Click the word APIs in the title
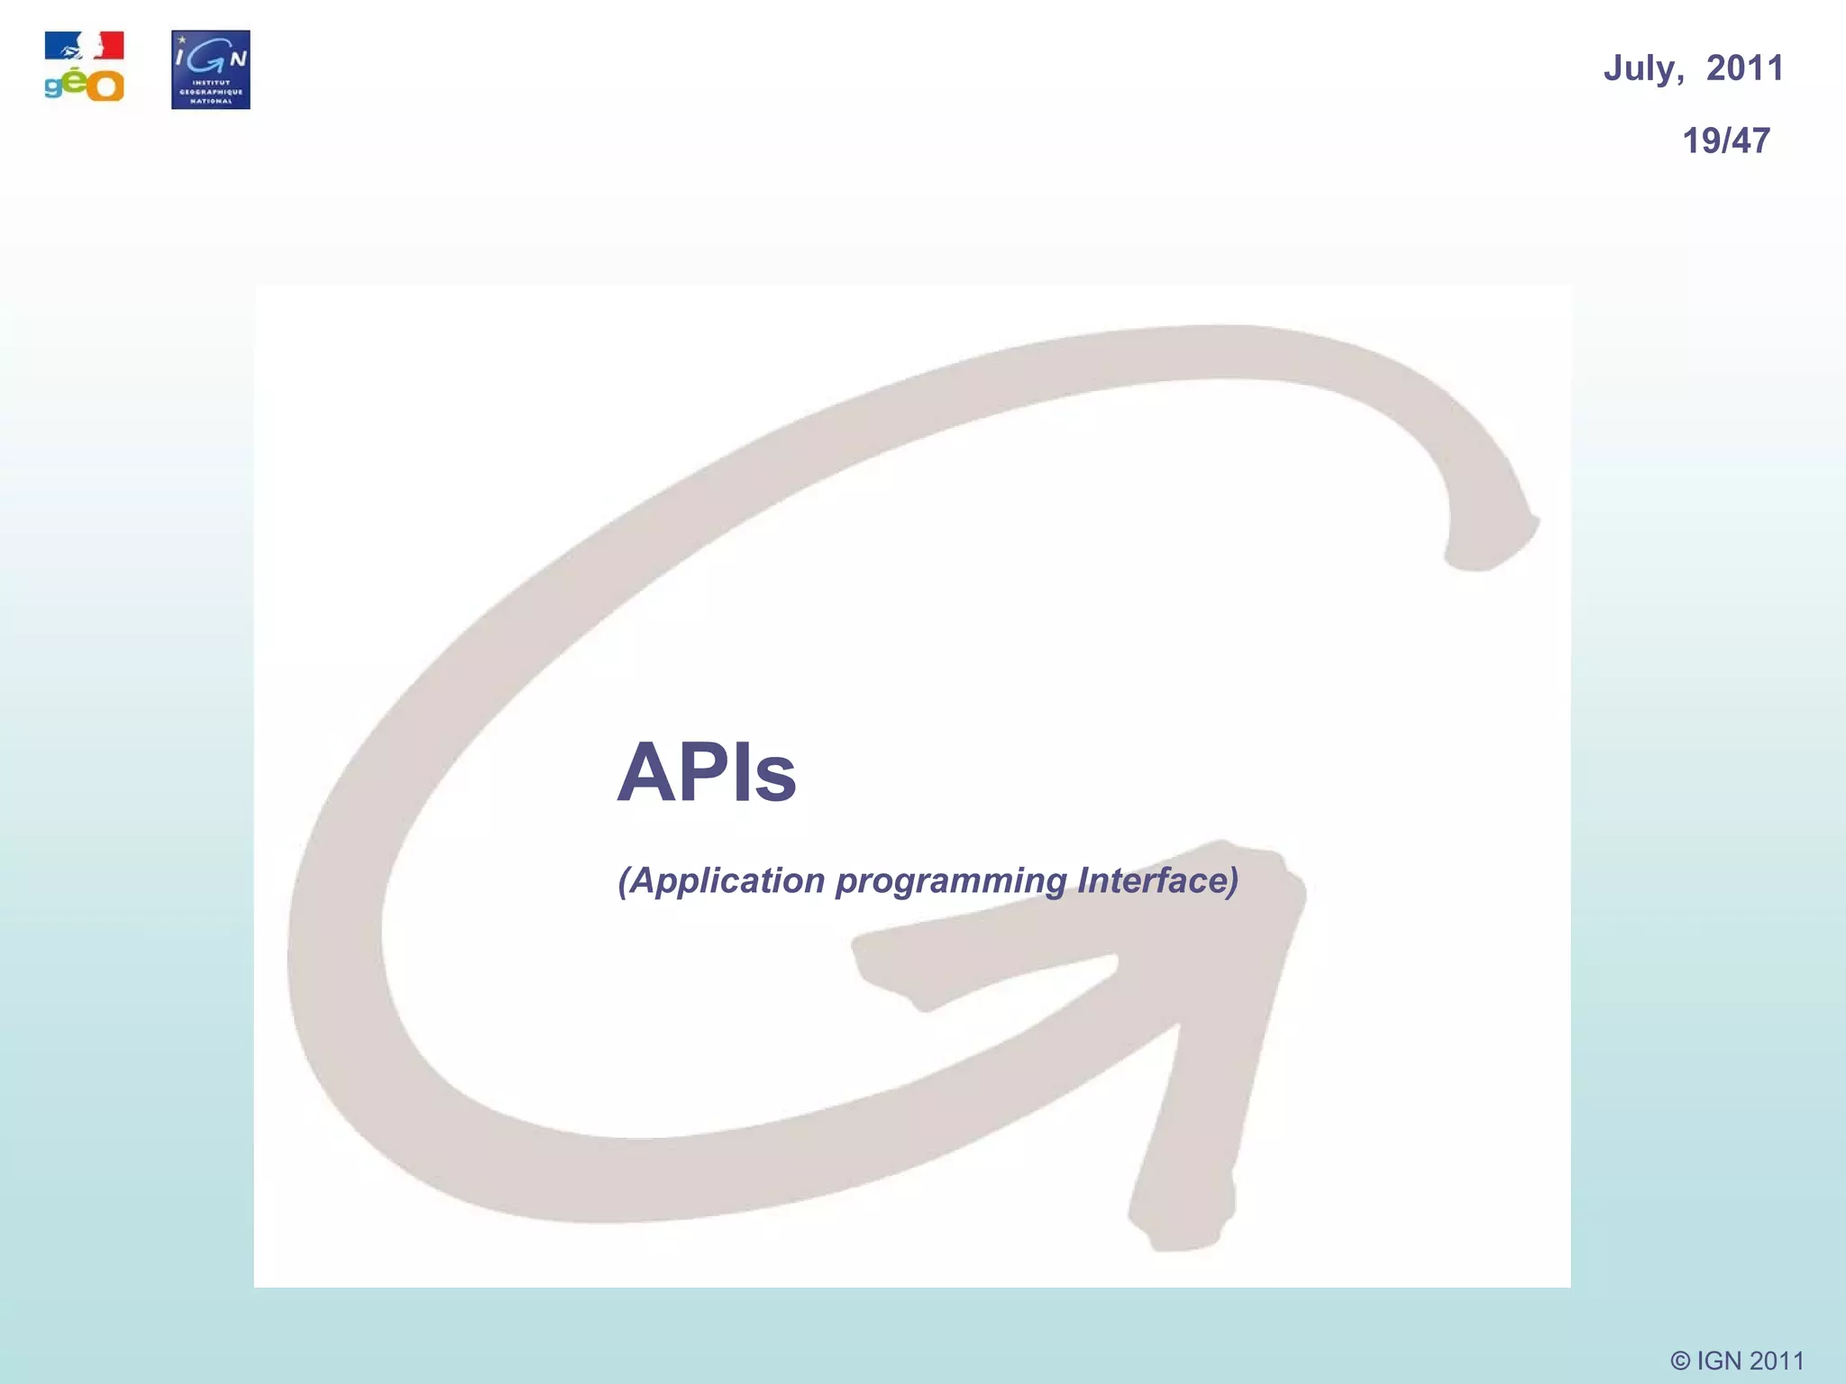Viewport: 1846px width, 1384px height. (707, 772)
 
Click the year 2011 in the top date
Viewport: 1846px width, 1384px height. (1745, 68)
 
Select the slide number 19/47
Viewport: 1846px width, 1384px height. (1726, 141)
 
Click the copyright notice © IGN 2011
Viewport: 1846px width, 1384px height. (1737, 1361)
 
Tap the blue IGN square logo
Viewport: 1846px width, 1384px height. (211, 69)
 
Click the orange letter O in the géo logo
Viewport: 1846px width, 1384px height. (107, 86)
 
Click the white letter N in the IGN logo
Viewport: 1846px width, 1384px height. (237, 59)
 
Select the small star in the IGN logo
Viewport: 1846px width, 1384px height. (183, 40)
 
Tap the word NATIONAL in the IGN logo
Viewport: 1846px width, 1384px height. (211, 101)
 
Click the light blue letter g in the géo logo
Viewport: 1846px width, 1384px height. (54, 87)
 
